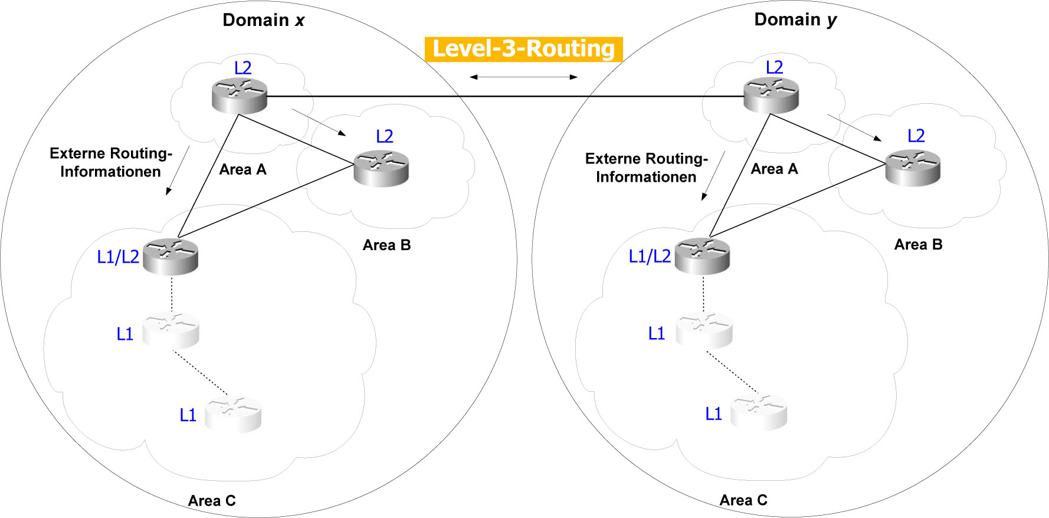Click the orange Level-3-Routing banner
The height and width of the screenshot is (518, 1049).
523,49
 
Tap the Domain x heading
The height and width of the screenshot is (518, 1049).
263,20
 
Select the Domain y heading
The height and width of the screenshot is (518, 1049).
795,19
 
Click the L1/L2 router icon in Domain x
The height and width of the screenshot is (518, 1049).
170,256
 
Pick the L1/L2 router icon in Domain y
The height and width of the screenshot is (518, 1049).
702,256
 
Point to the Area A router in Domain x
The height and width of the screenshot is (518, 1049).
239,95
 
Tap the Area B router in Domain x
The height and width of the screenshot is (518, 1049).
381,168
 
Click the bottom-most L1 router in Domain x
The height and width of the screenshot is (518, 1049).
232,414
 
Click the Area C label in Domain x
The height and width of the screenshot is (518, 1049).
212,501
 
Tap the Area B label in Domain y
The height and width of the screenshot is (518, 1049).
918,245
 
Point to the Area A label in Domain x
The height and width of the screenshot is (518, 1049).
242,170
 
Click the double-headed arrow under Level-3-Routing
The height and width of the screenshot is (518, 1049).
523,77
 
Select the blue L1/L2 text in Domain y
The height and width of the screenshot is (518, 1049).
650,256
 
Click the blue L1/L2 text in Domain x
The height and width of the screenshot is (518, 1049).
118,257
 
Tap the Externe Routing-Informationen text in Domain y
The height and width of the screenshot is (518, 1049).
646,168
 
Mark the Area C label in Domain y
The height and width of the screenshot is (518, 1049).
743,500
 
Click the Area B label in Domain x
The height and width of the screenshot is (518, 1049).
386,245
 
